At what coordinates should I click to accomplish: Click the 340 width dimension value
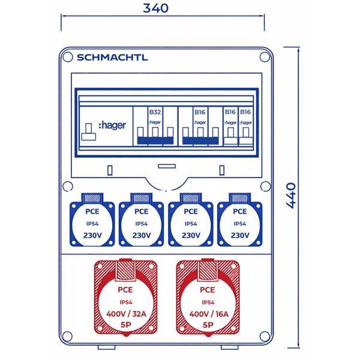point(156,8)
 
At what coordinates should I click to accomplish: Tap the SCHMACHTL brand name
point(112,58)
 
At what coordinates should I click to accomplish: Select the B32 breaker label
point(155,112)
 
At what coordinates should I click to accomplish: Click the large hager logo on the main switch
point(112,126)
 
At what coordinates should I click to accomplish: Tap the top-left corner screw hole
point(67,58)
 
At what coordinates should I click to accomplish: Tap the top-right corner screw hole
point(265,58)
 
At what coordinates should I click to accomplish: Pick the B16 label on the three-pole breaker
point(200,112)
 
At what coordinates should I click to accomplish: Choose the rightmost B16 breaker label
point(245,112)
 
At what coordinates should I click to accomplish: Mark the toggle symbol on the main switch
point(88,131)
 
